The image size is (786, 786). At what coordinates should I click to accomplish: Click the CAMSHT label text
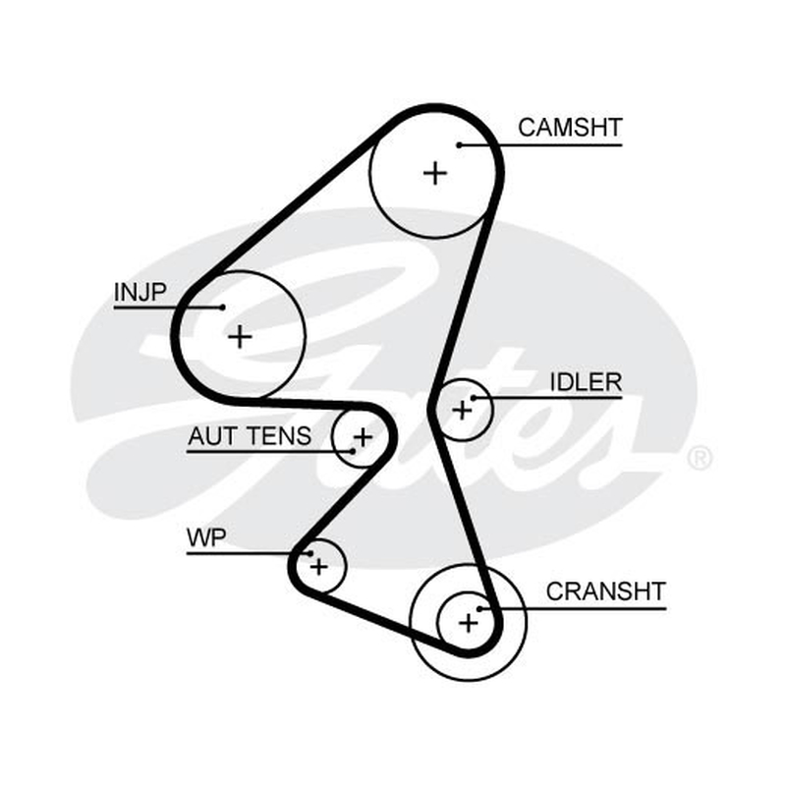point(570,128)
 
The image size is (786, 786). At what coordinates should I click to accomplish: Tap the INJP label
point(140,292)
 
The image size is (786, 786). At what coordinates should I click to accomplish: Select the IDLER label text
point(586,382)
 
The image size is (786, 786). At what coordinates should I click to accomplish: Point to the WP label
point(206,537)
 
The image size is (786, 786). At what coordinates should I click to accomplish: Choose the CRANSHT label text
point(605,592)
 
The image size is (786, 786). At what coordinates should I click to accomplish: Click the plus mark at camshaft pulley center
point(435,174)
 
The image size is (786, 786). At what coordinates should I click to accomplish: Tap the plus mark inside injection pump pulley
point(240,336)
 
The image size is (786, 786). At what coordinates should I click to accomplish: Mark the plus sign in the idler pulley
point(462,411)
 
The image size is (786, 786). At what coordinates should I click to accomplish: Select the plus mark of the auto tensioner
point(363,437)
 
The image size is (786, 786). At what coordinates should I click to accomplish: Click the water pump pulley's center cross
point(318,568)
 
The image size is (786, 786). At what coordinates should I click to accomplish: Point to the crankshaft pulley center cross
point(469,623)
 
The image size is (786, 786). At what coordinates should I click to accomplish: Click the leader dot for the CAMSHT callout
point(459,145)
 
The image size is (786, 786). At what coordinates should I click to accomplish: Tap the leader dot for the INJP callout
point(223,308)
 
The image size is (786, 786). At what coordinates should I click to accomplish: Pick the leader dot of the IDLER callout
point(474,398)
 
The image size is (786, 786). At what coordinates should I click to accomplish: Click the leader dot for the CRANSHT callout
point(479,609)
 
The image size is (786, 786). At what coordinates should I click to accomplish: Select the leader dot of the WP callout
point(310,554)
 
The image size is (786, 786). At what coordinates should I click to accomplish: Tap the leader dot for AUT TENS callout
point(353,452)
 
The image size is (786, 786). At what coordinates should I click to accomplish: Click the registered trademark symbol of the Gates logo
point(700,457)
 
